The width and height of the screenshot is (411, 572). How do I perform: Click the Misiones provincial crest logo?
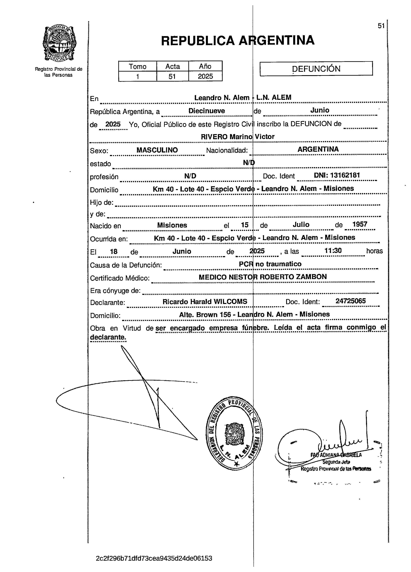coord(60,43)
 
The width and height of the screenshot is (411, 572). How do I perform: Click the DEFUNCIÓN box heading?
coord(316,69)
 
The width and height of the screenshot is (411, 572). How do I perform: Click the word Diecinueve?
coord(207,111)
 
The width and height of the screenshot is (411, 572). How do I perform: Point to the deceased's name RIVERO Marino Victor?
coord(238,137)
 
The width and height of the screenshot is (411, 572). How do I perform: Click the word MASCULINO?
coord(157,150)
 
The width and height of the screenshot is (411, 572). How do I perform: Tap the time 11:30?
coord(333,250)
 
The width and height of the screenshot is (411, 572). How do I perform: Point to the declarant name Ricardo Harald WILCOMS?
coord(205,302)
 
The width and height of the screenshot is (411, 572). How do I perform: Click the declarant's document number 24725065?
coord(350,301)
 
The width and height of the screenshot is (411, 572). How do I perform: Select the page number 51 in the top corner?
coord(381,26)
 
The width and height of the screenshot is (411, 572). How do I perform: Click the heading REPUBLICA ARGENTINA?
coord(238,40)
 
